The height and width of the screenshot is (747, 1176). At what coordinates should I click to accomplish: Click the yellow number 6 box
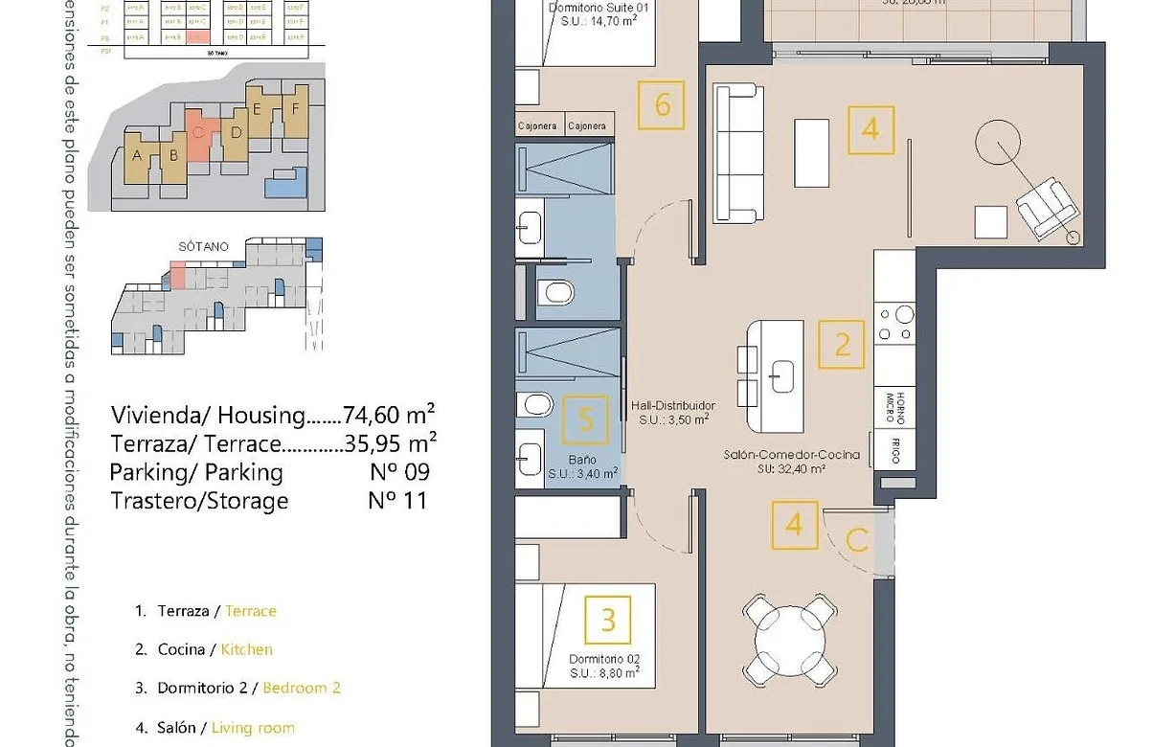click(x=663, y=104)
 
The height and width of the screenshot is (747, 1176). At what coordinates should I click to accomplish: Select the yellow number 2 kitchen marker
click(x=842, y=345)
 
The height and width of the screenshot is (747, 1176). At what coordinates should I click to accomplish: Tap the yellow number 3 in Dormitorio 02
click(x=608, y=620)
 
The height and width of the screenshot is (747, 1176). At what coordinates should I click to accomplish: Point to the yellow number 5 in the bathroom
click(x=586, y=419)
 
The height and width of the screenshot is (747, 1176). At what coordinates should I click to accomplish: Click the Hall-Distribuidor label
click(x=672, y=406)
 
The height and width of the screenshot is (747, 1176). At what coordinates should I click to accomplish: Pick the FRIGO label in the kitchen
click(x=894, y=451)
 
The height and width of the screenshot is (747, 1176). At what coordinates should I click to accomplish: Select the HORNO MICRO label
click(x=894, y=408)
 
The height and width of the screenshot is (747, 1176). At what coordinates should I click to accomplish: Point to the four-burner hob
click(x=895, y=323)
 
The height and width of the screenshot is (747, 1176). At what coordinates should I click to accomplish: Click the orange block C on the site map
click(x=198, y=141)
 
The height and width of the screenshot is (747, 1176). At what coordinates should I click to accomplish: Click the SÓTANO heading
click(x=203, y=246)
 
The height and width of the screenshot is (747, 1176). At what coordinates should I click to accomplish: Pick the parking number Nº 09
click(x=398, y=472)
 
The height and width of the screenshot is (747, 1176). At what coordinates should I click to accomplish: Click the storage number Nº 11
click(x=397, y=500)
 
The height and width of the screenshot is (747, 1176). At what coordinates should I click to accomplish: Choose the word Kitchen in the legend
click(x=246, y=649)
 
